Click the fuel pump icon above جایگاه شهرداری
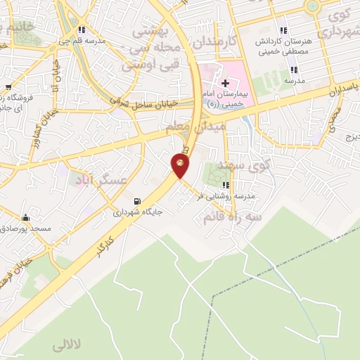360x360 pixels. point(137,200)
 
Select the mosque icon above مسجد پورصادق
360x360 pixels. point(26,217)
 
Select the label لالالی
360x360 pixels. point(67,347)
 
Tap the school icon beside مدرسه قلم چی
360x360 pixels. point(82,30)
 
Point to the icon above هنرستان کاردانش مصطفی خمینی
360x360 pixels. point(283,30)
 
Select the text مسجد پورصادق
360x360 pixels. point(26,229)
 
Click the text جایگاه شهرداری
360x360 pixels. point(137,211)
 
